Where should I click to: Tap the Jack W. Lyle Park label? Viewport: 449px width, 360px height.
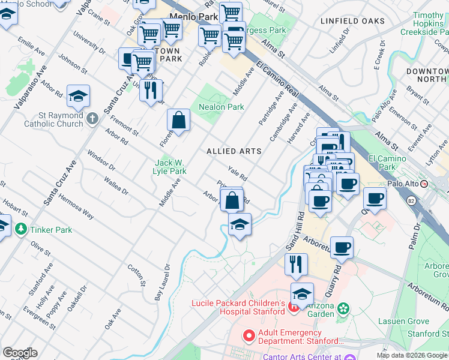tap(170, 167)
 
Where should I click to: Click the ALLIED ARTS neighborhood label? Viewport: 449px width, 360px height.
tap(234, 151)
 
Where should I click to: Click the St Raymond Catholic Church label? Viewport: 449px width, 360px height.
tap(53, 119)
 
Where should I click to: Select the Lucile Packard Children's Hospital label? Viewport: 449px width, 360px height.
tap(238, 307)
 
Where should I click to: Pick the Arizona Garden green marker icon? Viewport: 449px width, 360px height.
tap(343, 309)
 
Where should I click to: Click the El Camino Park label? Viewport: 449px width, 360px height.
tap(387, 163)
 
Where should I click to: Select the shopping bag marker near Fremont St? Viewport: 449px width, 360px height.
tap(179, 120)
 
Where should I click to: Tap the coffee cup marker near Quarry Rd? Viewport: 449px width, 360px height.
tap(342, 247)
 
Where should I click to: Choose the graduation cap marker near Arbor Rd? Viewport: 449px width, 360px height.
tap(78, 96)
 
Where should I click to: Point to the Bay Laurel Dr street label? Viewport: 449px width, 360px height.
tap(162, 282)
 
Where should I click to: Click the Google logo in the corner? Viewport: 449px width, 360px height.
tap(20, 353)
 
